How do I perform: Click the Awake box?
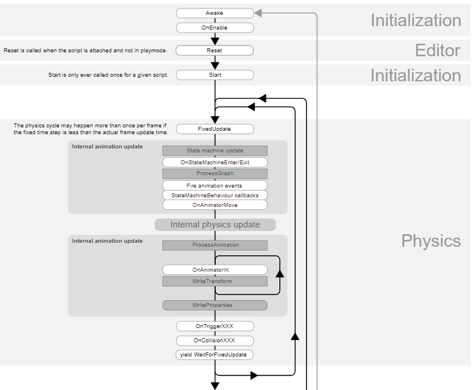click(x=215, y=13)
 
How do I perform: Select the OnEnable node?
click(x=215, y=27)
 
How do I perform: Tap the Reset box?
click(x=215, y=51)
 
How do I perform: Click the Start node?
click(x=215, y=75)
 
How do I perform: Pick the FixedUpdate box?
click(x=215, y=129)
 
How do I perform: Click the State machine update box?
click(x=215, y=151)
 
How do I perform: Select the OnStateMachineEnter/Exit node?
click(x=215, y=163)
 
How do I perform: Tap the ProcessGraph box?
click(x=215, y=173)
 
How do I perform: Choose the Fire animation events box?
click(x=215, y=186)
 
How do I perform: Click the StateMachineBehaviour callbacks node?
click(x=215, y=196)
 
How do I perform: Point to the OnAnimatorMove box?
click(x=215, y=205)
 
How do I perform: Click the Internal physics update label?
click(x=215, y=225)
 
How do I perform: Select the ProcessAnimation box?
click(x=215, y=245)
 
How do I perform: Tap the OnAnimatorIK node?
click(x=215, y=270)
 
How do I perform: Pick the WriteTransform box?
click(x=215, y=281)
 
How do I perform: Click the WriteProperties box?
click(x=215, y=305)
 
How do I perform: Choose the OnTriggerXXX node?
click(x=215, y=326)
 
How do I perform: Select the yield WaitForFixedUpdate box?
click(x=215, y=355)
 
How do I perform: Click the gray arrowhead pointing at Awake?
click(x=258, y=13)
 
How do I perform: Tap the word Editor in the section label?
click(x=437, y=51)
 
